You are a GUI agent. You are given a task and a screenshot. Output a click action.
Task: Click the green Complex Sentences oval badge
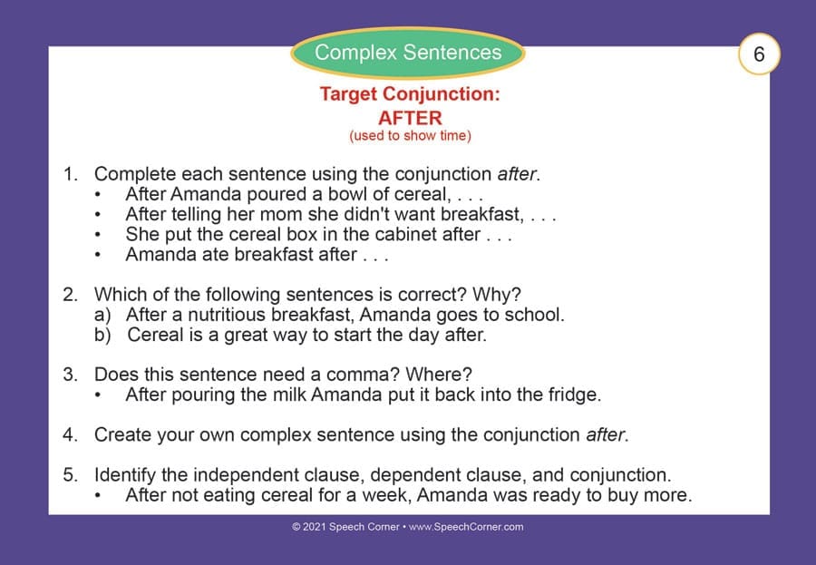click(x=408, y=53)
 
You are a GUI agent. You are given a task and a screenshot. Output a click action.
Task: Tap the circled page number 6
click(x=759, y=54)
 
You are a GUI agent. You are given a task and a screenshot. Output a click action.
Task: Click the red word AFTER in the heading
click(x=410, y=118)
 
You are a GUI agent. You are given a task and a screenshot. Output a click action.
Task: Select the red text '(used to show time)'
click(x=410, y=136)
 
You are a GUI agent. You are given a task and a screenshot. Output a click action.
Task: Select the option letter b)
click(x=102, y=335)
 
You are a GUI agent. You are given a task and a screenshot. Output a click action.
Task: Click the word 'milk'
click(x=289, y=395)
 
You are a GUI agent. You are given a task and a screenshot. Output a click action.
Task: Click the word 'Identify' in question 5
click(x=125, y=475)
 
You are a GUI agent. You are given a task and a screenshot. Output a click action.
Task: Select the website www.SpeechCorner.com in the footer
click(x=466, y=527)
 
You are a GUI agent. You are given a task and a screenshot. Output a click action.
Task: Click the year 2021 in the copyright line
click(x=314, y=527)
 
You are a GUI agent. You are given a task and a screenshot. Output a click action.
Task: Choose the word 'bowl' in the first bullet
click(x=347, y=194)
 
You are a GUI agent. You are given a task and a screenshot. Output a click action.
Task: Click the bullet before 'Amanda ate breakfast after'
click(x=98, y=255)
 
